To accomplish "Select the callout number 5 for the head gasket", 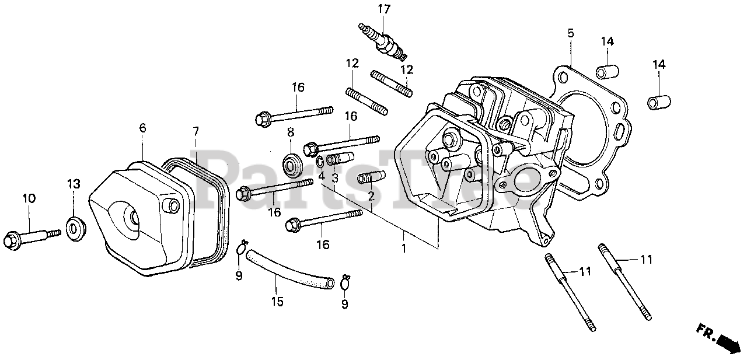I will click(570, 33).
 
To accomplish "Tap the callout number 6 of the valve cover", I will click(142, 128).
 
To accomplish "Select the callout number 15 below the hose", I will click(277, 302).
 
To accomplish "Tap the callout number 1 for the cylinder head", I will click(403, 249).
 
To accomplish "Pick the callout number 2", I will click(371, 196).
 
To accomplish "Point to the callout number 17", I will click(383, 9).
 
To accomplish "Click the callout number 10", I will click(29, 198).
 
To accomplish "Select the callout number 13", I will click(73, 184).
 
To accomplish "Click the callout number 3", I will click(334, 179).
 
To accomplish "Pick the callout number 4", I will click(321, 176).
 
